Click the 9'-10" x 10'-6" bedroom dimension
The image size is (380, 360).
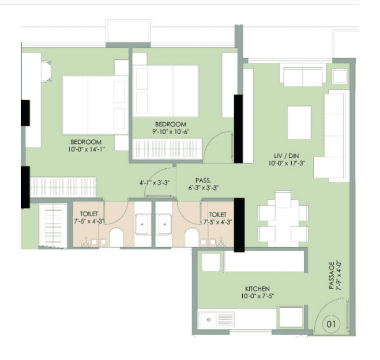tap(171, 132)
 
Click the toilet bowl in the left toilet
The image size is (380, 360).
tap(117, 236)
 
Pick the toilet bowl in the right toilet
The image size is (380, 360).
tap(193, 236)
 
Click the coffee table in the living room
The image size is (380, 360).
tap(299, 122)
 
